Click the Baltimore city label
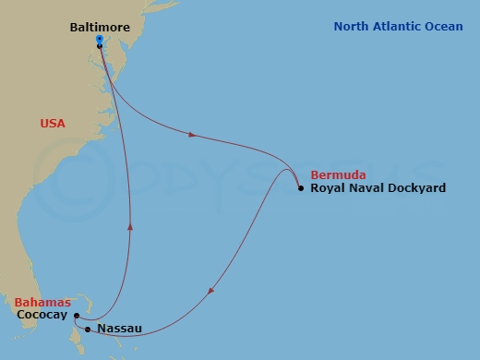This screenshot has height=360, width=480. click(101, 28)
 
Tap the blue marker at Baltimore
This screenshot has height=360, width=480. click(99, 40)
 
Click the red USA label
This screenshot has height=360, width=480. click(53, 123)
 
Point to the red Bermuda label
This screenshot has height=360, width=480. click(338, 174)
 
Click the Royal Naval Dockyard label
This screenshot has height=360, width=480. click(378, 188)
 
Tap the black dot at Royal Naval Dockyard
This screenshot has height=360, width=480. click(301, 188)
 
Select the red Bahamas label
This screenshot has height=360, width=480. click(42, 302)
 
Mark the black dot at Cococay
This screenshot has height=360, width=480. click(76, 316)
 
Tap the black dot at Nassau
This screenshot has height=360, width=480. click(87, 329)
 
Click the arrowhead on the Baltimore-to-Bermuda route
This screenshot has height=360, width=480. click(192, 135)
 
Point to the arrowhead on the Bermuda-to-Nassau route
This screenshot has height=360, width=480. click(212, 292)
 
